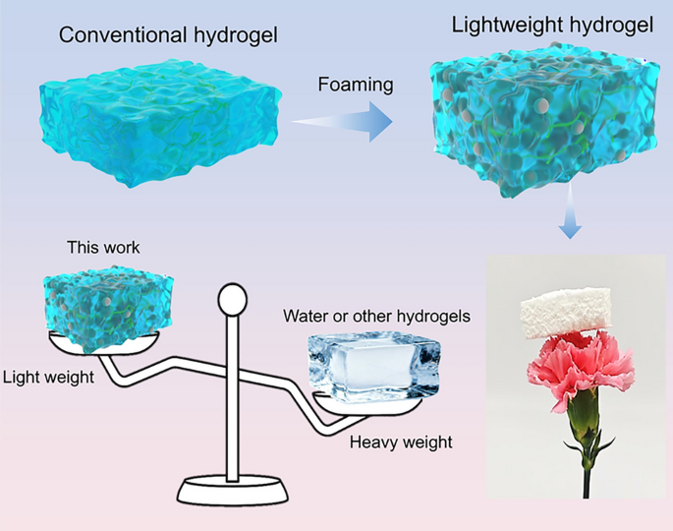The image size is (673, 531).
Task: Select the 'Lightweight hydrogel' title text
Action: tap(552, 24)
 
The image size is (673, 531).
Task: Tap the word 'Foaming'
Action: tap(356, 85)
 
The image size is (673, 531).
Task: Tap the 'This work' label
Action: tap(102, 248)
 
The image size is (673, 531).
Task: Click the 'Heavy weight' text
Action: tap(401, 442)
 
